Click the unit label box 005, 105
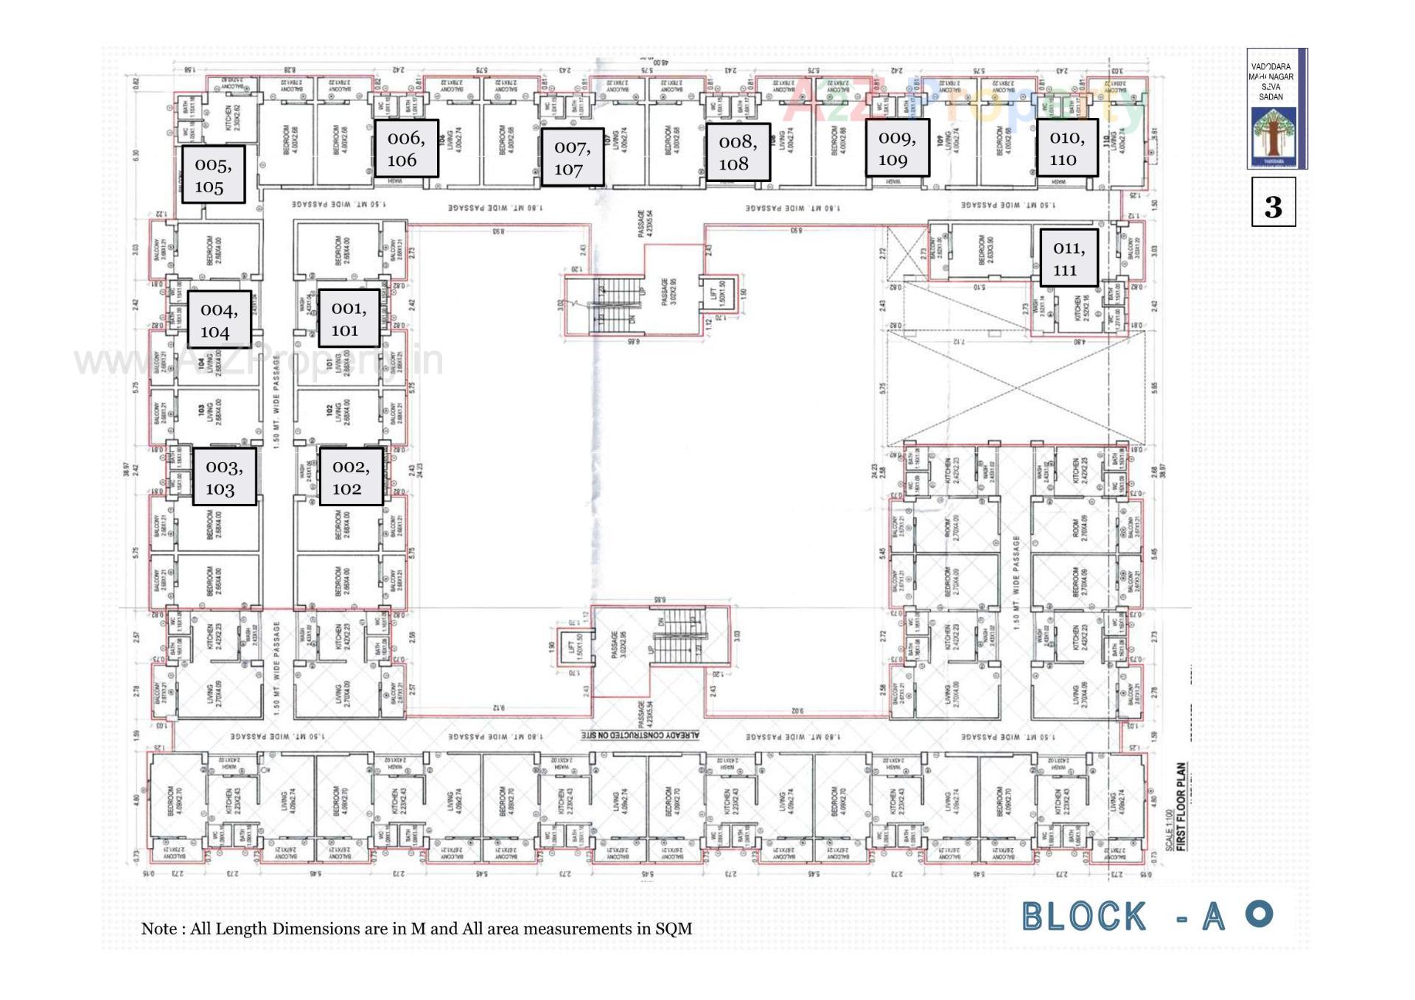coord(213,175)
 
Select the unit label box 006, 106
coord(406,149)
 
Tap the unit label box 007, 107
coord(573,158)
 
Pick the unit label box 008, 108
coord(738,153)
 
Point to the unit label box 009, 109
coord(897,148)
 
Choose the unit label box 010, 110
coord(1066,148)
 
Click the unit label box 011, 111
coord(1069,258)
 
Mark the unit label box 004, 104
coord(219,320)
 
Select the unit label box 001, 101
coord(349,318)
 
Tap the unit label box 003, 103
coord(224,477)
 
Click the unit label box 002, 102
coord(351,477)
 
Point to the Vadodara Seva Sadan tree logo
coord(1273,137)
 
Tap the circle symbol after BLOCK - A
coord(1259,914)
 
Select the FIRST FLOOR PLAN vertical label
coord(1181,806)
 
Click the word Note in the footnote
coord(158,929)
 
